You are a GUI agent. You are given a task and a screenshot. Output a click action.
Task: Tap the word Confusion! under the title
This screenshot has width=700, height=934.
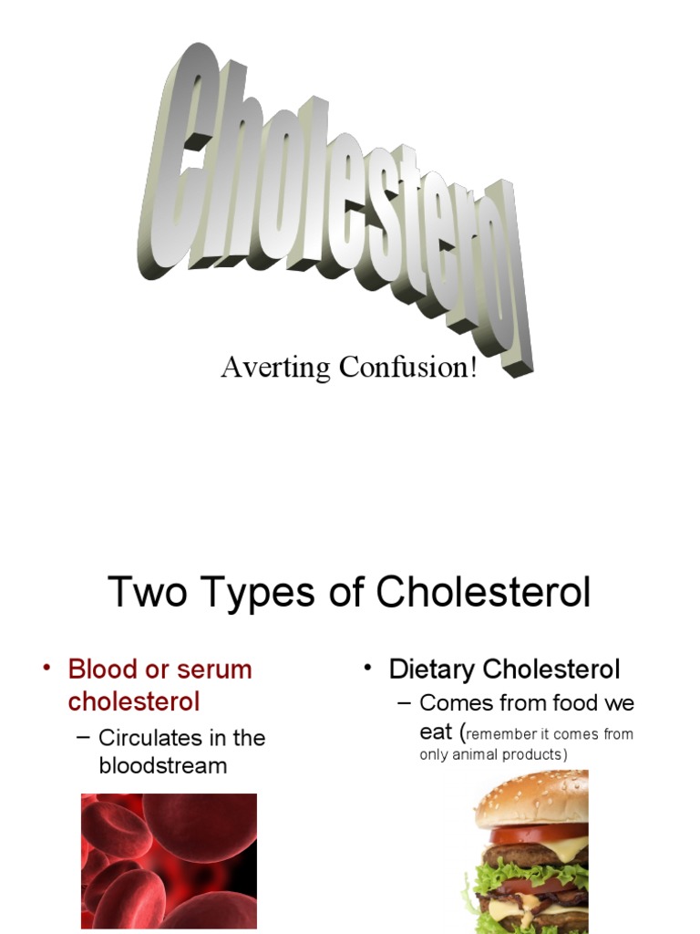point(408,368)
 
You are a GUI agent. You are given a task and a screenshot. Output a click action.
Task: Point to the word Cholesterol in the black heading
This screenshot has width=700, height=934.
point(483,593)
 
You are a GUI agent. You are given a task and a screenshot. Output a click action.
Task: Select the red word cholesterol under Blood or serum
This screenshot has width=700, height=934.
point(134,701)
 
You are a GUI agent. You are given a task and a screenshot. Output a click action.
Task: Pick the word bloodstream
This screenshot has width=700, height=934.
point(163,765)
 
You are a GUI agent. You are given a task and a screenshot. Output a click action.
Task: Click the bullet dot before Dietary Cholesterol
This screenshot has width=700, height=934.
point(368,669)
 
